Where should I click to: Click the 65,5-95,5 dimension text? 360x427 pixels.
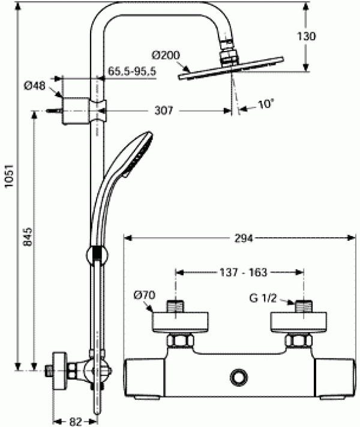click(132, 71)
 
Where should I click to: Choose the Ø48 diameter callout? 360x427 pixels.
click(35, 86)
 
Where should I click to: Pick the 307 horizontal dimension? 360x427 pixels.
click(163, 111)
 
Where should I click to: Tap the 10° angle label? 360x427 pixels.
click(265, 104)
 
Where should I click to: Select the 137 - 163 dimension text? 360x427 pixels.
click(240, 271)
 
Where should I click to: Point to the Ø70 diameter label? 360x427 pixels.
click(144, 295)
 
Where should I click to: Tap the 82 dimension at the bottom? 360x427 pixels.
click(75, 421)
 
